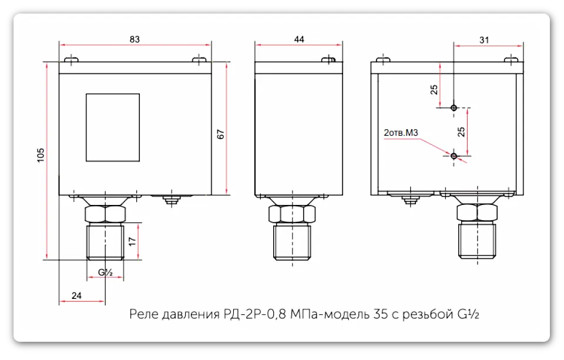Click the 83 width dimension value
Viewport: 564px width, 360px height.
pyautogui.click(x=135, y=39)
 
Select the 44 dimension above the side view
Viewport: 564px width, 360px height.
pyautogui.click(x=299, y=39)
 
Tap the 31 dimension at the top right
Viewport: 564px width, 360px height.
pyautogui.click(x=484, y=39)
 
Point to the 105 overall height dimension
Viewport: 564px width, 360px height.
pyautogui.click(x=41, y=154)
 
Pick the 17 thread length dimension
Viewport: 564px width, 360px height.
pyautogui.click(x=133, y=241)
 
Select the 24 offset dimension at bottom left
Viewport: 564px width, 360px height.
pyautogui.click(x=76, y=296)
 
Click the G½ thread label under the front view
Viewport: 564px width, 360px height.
pyautogui.click(x=105, y=272)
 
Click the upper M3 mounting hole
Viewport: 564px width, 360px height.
pyautogui.click(x=454, y=108)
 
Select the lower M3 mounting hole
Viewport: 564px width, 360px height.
pyautogui.click(x=454, y=156)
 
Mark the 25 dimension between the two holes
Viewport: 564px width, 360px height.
pyautogui.click(x=461, y=132)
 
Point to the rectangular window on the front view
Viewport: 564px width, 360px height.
pyautogui.click(x=113, y=127)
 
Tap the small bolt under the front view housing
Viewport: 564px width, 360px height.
pyautogui.click(x=171, y=201)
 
